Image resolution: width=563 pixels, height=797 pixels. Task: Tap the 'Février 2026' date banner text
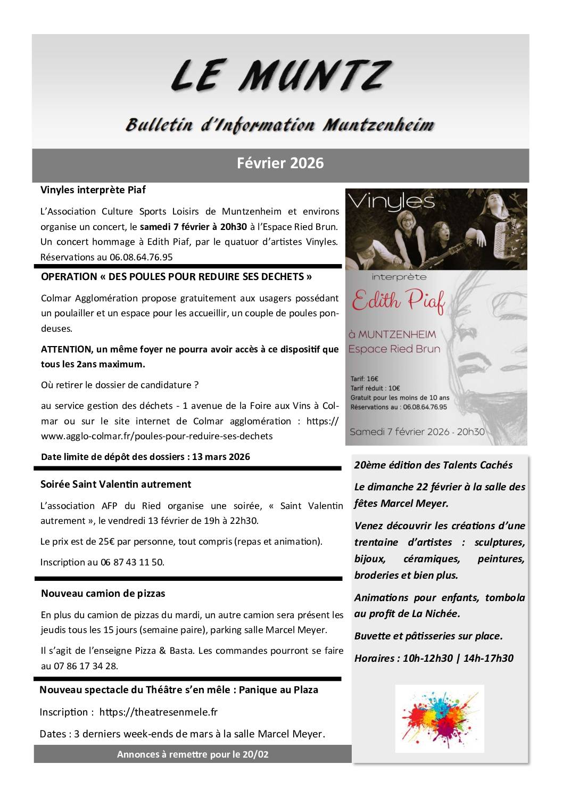point(280,163)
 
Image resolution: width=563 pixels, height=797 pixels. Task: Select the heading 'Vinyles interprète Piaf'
point(93,190)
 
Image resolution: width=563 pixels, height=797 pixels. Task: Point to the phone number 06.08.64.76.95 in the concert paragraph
point(141,257)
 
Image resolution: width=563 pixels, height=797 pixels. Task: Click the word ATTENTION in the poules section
point(67,349)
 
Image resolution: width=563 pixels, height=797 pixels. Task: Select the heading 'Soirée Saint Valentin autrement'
point(115,484)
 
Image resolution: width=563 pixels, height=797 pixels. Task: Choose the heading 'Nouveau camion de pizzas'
point(103,594)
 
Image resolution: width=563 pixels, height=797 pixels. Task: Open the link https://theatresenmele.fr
point(159,712)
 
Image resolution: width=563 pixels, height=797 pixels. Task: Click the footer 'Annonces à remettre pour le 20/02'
point(193,754)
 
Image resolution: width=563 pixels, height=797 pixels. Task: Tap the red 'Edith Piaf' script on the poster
point(398,301)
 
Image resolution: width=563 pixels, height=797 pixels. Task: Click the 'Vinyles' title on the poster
point(391,203)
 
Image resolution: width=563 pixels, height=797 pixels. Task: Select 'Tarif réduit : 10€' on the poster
point(375,388)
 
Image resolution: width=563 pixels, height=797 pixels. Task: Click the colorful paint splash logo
point(440,718)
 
